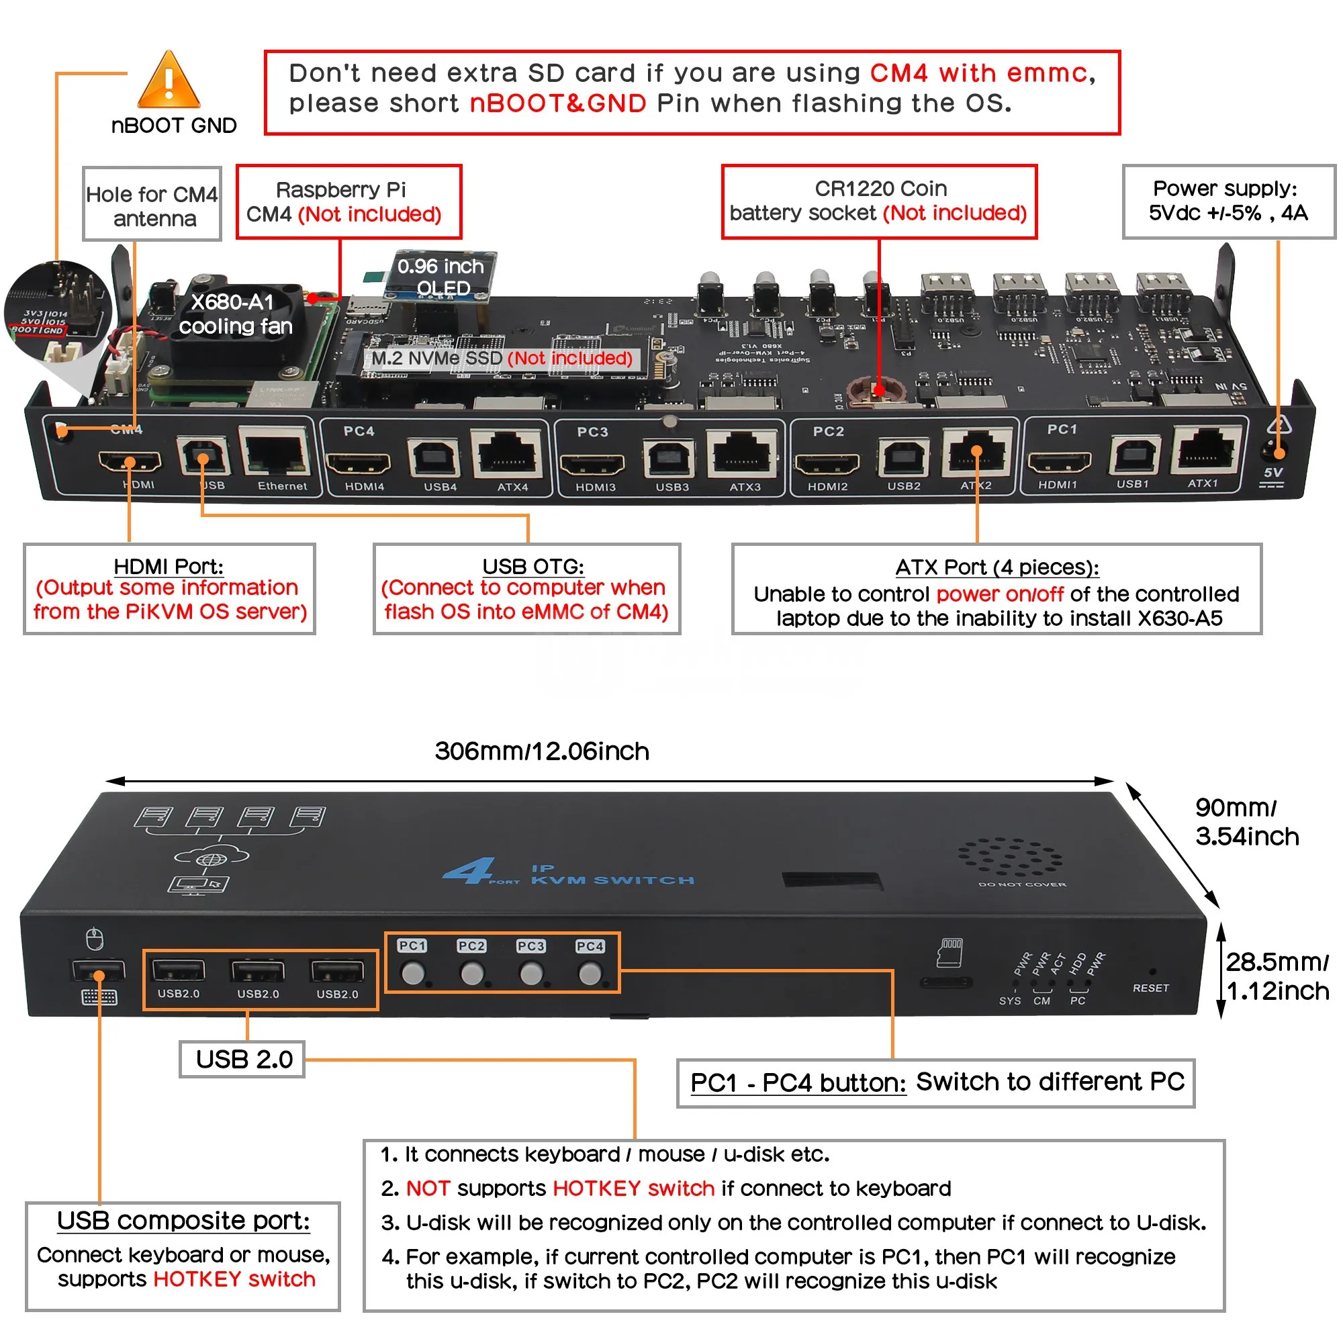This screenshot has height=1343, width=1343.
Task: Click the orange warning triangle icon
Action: click(x=169, y=81)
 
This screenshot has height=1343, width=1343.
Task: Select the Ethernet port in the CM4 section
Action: click(x=276, y=453)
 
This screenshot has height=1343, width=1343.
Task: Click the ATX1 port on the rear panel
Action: click(x=1206, y=451)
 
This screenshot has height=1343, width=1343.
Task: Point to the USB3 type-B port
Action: click(x=668, y=459)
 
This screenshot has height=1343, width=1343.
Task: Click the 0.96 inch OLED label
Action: click(x=441, y=277)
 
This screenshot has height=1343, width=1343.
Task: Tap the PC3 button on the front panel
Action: click(x=532, y=972)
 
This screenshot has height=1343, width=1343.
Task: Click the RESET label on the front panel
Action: click(x=1150, y=988)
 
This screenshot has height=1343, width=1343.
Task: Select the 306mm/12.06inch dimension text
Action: click(x=541, y=751)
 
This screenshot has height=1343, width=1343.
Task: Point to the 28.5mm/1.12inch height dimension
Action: click(x=1277, y=976)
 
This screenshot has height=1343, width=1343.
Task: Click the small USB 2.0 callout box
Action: click(x=242, y=1060)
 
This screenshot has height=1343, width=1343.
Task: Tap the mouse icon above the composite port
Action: click(x=95, y=939)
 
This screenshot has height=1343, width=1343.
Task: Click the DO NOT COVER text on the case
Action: click(x=1021, y=885)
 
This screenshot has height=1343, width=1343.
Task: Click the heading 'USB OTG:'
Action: click(x=533, y=567)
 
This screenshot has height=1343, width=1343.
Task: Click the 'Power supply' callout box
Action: click(x=1228, y=201)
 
